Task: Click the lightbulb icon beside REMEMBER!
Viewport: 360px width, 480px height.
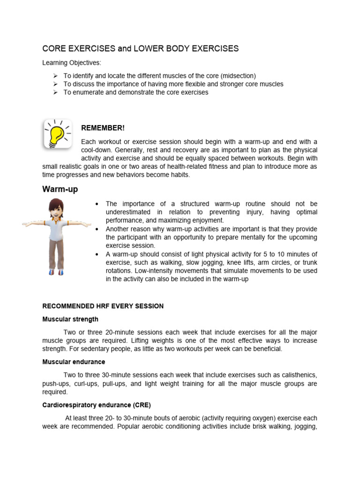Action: coord(58,134)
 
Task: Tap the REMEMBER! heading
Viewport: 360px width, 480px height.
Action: coord(103,128)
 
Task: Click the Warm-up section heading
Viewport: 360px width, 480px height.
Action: coord(60,189)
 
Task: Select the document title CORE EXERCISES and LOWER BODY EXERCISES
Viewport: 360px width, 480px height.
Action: coord(141,49)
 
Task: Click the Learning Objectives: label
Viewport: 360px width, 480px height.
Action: coord(72,63)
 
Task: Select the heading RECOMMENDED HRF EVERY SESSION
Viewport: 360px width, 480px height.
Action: coord(103,306)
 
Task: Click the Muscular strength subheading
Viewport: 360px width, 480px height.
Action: coord(70,319)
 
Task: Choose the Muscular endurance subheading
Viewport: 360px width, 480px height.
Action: coord(74,362)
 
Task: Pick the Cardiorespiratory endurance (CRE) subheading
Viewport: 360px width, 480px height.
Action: coord(97,405)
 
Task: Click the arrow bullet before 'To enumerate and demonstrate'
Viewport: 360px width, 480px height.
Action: coord(55,93)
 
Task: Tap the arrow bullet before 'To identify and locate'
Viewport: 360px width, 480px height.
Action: coord(55,76)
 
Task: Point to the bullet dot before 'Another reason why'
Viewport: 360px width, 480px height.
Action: coord(96,229)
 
